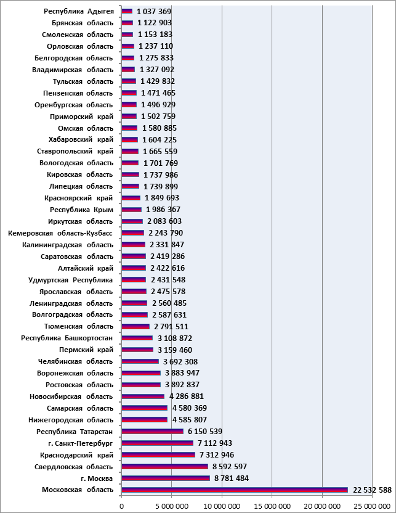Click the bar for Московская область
coord(235,490)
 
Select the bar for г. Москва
coord(166,478)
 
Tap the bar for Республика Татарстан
coord(152,431)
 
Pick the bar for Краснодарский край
coord(158,455)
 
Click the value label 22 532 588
coord(372,490)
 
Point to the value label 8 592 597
coord(230,467)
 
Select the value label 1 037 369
coord(154,12)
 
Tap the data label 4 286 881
coord(186,396)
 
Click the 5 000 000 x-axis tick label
coord(172,506)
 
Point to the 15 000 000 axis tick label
coord(272,506)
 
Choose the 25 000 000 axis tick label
coord(372,506)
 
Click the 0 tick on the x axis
coord(121,506)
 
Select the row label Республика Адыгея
coord(79,12)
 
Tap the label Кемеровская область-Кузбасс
coord(60,233)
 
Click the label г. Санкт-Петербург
coord(80,443)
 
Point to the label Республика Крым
coord(81,210)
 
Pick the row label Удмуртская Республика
coord(71,280)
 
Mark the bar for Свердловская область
coord(164,467)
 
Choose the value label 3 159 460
coord(175,350)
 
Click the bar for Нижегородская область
coord(144,419)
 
